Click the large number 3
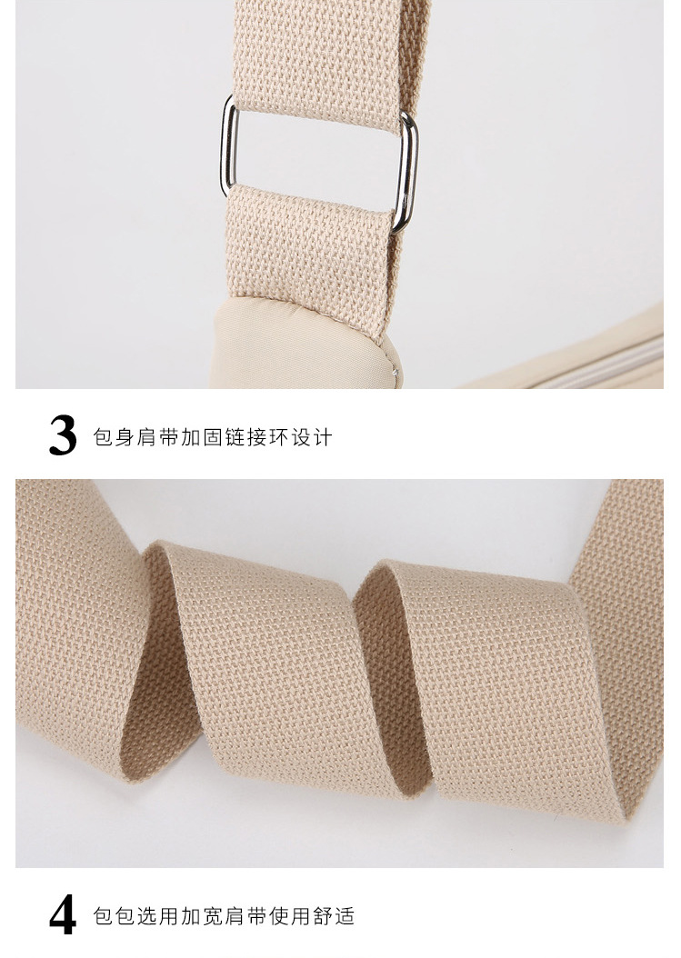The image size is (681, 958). [63, 435]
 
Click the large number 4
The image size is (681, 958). [63, 914]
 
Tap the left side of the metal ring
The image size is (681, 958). [228, 146]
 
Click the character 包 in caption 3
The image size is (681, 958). [103, 437]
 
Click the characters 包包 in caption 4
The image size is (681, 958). [114, 916]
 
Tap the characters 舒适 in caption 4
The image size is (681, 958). [334, 916]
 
